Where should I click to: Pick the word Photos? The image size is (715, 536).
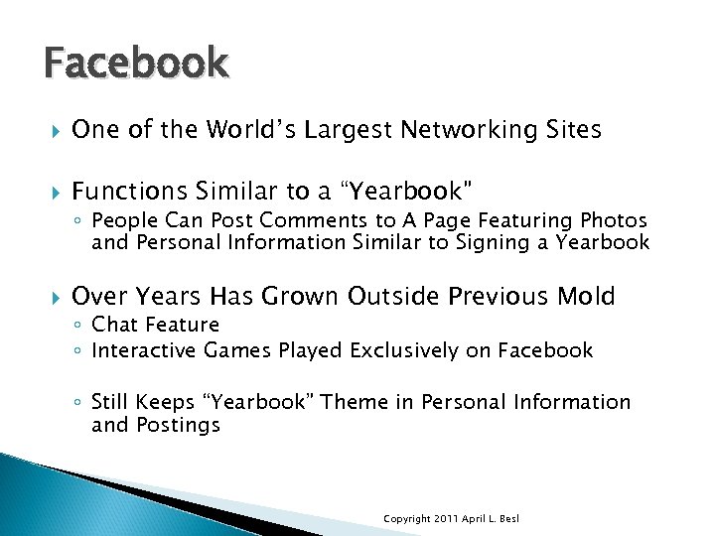click(614, 219)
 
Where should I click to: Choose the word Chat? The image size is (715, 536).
click(113, 325)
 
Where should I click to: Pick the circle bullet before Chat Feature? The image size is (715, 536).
click(79, 326)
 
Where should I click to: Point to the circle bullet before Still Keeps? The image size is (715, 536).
click(79, 403)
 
